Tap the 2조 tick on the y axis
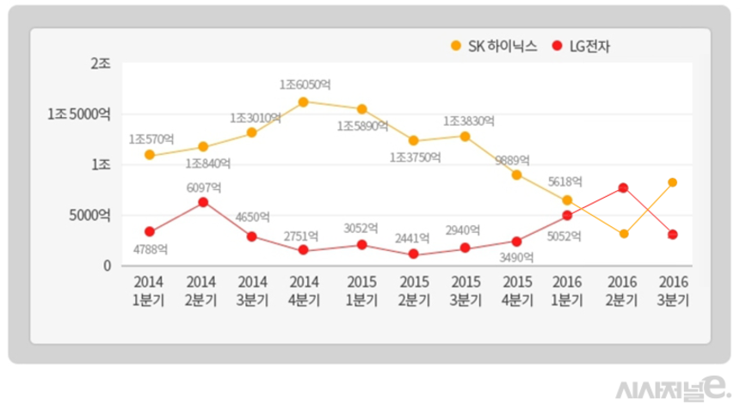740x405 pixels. click(100, 64)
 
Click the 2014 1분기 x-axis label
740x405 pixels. click(150, 291)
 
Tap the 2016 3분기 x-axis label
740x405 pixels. click(672, 291)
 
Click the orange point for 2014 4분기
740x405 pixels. click(304, 102)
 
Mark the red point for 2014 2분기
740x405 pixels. click(203, 202)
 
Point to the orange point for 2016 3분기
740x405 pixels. click(672, 182)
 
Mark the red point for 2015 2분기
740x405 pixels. click(413, 255)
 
